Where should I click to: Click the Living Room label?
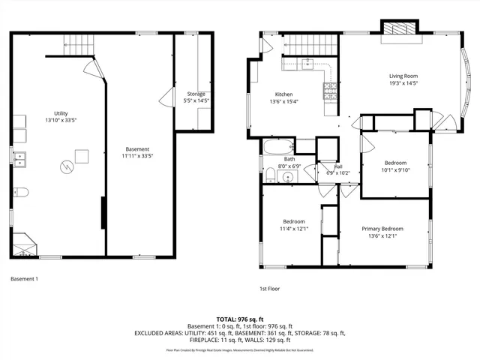403,76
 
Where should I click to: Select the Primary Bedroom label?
382,229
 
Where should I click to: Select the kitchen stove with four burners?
329,91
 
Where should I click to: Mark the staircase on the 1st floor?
308,45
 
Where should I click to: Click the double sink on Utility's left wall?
20,158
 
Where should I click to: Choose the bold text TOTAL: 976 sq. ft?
239,319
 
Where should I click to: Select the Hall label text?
337,166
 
